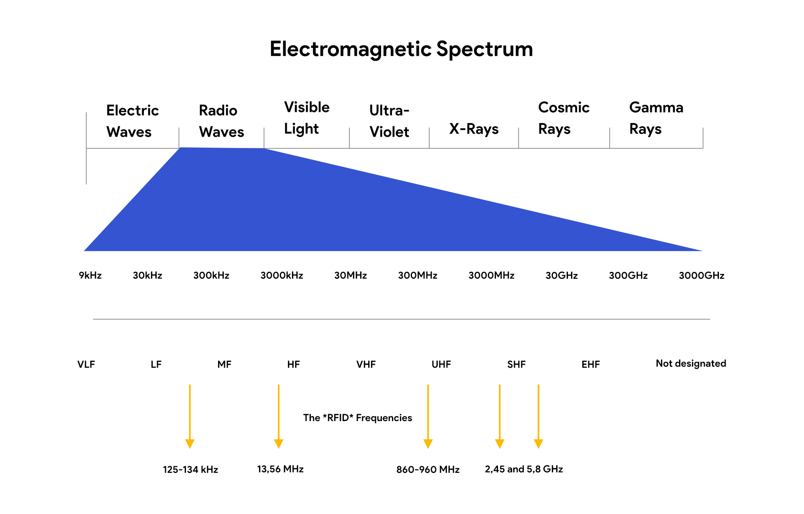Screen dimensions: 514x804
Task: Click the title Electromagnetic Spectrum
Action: tap(401, 49)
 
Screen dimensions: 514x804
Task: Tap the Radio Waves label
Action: tap(221, 121)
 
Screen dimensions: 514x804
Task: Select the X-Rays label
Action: tap(474, 129)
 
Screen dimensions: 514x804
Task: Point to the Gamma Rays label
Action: tap(656, 118)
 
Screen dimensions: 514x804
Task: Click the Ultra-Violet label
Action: tap(389, 121)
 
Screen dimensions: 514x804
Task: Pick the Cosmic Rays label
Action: tap(563, 118)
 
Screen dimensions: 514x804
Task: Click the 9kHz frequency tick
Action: tap(90, 276)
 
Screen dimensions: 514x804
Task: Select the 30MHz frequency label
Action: tap(351, 276)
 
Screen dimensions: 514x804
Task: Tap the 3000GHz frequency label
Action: tap(701, 276)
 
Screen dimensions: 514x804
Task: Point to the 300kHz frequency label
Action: tap(211, 276)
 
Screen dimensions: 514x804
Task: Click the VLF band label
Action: tap(86, 364)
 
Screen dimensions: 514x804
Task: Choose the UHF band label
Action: tap(441, 364)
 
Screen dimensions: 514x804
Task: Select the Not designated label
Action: tap(691, 364)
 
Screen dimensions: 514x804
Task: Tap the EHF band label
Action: tap(590, 364)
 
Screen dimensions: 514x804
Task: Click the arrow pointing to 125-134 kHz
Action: tap(190, 416)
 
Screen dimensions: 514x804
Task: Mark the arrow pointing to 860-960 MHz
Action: tap(428, 416)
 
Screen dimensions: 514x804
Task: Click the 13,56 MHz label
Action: tap(280, 469)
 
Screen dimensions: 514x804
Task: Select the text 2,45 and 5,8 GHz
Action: tap(524, 469)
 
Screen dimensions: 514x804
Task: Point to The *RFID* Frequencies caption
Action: tap(357, 418)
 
